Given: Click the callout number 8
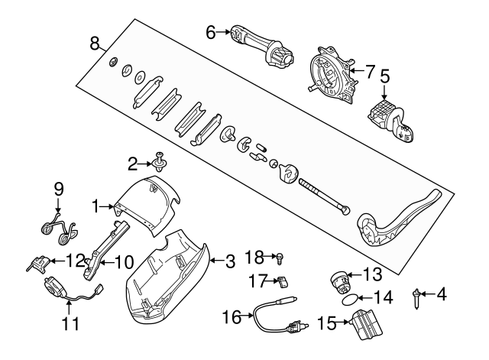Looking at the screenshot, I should (x=95, y=43).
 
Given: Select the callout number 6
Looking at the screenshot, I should (x=211, y=31).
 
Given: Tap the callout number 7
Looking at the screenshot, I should (x=371, y=72).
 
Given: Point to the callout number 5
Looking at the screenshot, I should (x=385, y=76).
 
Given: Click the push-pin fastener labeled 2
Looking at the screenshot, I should (x=160, y=160).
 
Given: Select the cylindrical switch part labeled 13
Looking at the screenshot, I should (x=339, y=282).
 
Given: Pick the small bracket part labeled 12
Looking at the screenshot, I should (x=37, y=263).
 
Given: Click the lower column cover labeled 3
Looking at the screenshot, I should (x=170, y=275).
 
